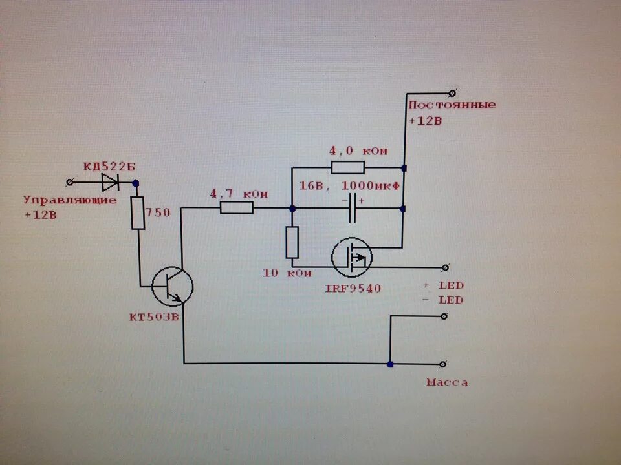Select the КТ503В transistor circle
point(172,285)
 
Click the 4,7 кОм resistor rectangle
point(236,208)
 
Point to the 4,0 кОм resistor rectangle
point(347,168)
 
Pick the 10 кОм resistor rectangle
point(292,243)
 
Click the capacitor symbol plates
point(353,209)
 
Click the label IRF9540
point(353,288)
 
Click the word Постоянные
point(452,105)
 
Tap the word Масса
point(447,383)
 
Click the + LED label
point(443,285)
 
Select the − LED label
point(443,300)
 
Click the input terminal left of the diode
point(70,183)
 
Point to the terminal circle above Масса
point(444,364)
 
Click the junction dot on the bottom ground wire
point(390,364)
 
